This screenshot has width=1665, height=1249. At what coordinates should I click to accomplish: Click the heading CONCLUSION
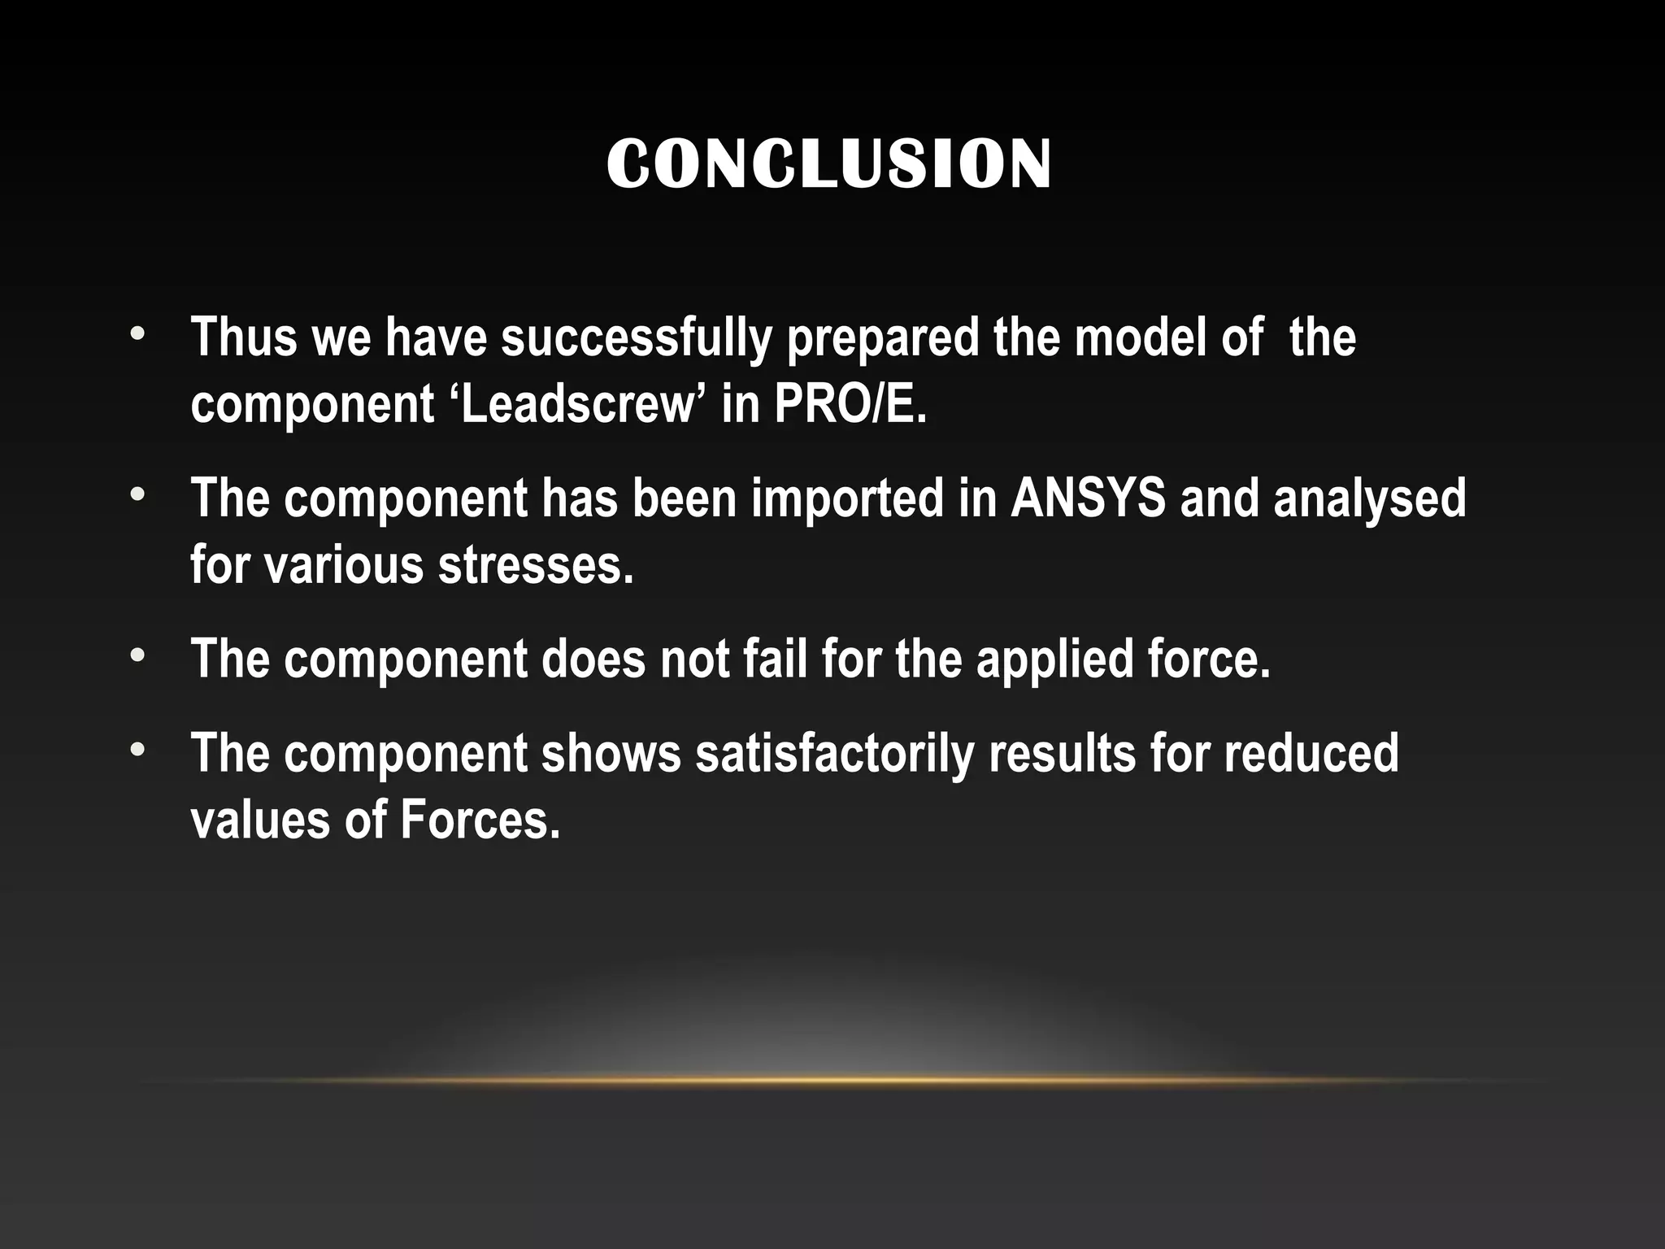coord(829,164)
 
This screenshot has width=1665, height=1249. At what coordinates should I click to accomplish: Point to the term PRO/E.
coord(850,404)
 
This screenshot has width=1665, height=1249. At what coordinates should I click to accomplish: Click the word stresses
coord(536,564)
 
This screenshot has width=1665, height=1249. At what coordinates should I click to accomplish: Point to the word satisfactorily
coord(834,754)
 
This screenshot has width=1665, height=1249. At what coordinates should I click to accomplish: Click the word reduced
coord(1311,753)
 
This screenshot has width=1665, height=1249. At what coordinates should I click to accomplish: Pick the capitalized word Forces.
coord(480,819)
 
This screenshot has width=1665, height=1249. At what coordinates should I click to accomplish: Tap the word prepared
coord(882,338)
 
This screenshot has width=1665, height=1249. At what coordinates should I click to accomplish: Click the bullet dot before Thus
coord(139,335)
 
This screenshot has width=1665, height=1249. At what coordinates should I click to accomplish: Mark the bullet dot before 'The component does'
coord(139,655)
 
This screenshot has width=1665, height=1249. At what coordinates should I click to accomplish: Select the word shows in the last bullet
coord(611,753)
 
